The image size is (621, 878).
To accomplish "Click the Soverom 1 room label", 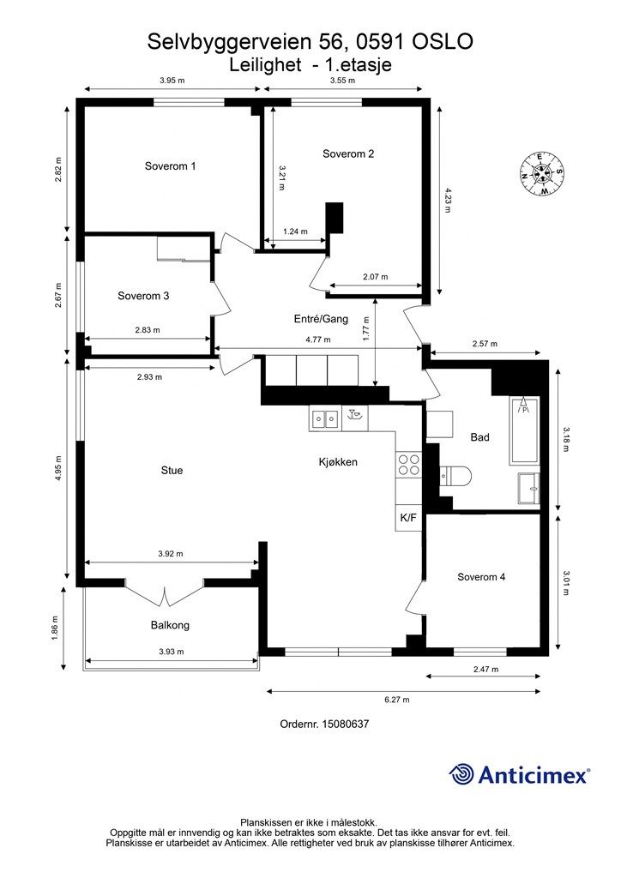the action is pyautogui.click(x=170, y=165).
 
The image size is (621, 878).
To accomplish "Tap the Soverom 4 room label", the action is pyautogui.click(x=481, y=577).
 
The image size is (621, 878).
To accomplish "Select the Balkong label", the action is pyautogui.click(x=170, y=625).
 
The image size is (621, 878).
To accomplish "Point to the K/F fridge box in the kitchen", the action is pyautogui.click(x=408, y=517).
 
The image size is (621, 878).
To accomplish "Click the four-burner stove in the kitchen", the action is pyautogui.click(x=409, y=464).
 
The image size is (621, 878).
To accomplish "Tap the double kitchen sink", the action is pyautogui.click(x=324, y=418).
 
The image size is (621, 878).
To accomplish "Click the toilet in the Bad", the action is pyautogui.click(x=455, y=476).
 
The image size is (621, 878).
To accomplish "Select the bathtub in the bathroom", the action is pyautogui.click(x=523, y=430).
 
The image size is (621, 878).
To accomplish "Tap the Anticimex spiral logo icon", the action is pyautogui.click(x=461, y=774).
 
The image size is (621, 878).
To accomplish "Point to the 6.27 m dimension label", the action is pyautogui.click(x=396, y=700).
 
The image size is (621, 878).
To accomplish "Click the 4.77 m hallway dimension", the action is pyautogui.click(x=317, y=340).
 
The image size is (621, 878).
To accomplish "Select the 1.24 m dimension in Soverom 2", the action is pyautogui.click(x=295, y=232).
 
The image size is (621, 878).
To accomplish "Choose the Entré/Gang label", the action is pyautogui.click(x=321, y=319).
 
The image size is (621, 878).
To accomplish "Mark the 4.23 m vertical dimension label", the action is pyautogui.click(x=447, y=200).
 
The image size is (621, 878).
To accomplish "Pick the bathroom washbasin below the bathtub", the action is pyautogui.click(x=528, y=488).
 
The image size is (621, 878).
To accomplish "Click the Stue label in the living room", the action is pyautogui.click(x=172, y=471).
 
